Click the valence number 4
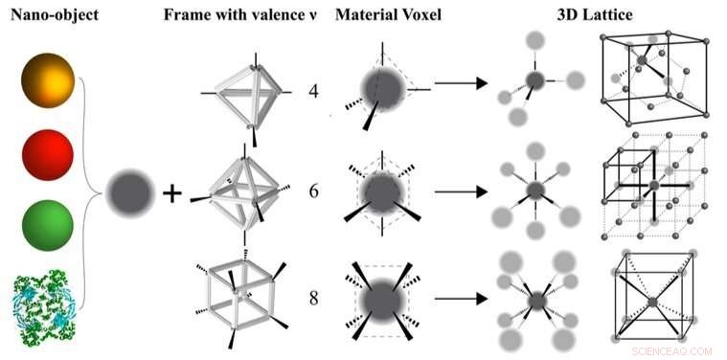[x=313, y=92]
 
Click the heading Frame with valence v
[x=244, y=17]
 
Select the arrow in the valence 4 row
[x=463, y=84]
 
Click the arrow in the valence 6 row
[x=463, y=191]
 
